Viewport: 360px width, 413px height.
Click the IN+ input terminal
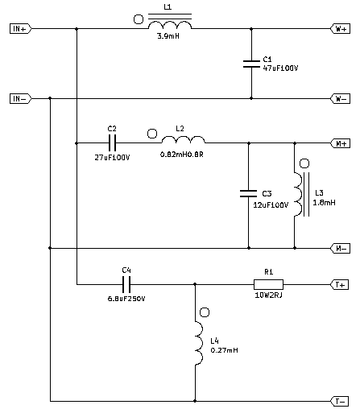pyautogui.click(x=20, y=28)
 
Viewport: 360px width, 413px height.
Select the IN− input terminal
pyautogui.click(x=20, y=99)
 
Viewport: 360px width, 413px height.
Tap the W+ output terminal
pyautogui.click(x=340, y=28)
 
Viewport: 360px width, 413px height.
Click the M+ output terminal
pyautogui.click(x=340, y=143)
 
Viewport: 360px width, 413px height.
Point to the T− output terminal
pyautogui.click(x=340, y=402)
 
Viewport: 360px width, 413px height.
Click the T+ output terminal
pyautogui.click(x=340, y=284)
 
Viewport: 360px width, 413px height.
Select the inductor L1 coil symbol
pyautogui.click(x=170, y=23)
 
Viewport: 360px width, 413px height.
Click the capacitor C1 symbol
pyautogui.click(x=251, y=64)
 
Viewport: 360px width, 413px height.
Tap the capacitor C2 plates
pyautogui.click(x=112, y=143)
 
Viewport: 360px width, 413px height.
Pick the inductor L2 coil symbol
pyautogui.click(x=184, y=139)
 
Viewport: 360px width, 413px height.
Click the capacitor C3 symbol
pyautogui.click(x=248, y=193)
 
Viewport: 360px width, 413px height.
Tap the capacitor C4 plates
pyautogui.click(x=126, y=284)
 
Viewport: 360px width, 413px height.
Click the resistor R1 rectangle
pyautogui.click(x=268, y=284)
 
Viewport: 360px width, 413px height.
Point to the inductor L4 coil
pyautogui.click(x=199, y=343)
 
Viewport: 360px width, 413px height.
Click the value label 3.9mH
pyautogui.click(x=168, y=36)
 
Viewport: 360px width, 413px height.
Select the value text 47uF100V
pyautogui.click(x=280, y=68)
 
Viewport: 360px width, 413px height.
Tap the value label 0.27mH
pyautogui.click(x=225, y=350)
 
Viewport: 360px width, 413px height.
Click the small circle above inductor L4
pyautogui.click(x=205, y=312)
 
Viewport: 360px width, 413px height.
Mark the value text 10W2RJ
pyautogui.click(x=268, y=295)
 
